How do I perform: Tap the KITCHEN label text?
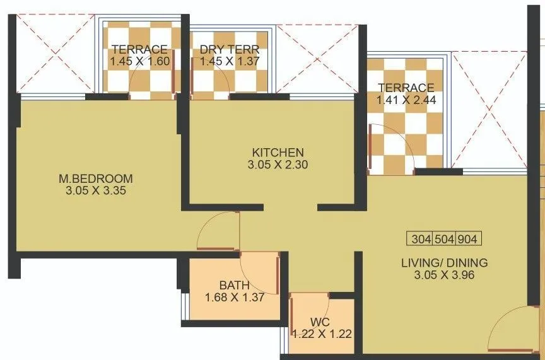pyautogui.click(x=278, y=153)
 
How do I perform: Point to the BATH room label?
pyautogui.click(x=234, y=285)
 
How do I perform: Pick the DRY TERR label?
pyautogui.click(x=229, y=50)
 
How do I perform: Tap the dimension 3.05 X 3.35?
pyautogui.click(x=101, y=190)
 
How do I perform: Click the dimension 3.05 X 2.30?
pyautogui.click(x=278, y=165)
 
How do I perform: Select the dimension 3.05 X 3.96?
pyautogui.click(x=444, y=275)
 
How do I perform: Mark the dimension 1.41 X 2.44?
pyautogui.click(x=406, y=100)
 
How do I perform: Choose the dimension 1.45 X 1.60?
pyautogui.click(x=139, y=62)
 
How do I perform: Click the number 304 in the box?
pyautogui.click(x=421, y=240)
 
